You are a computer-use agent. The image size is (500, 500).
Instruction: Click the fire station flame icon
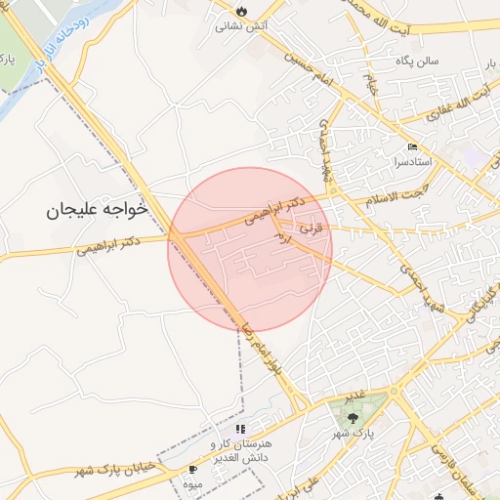(241, 11)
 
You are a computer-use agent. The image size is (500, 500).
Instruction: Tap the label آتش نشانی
(241, 26)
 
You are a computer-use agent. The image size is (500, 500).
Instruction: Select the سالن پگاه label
(415, 62)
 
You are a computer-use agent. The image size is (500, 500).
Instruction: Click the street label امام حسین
(310, 67)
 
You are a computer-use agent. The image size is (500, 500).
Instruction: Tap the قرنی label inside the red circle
(308, 228)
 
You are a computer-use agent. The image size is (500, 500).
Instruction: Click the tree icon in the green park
(353, 418)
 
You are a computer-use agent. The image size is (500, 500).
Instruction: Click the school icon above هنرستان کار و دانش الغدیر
(241, 429)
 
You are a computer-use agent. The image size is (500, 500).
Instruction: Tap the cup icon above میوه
(191, 469)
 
